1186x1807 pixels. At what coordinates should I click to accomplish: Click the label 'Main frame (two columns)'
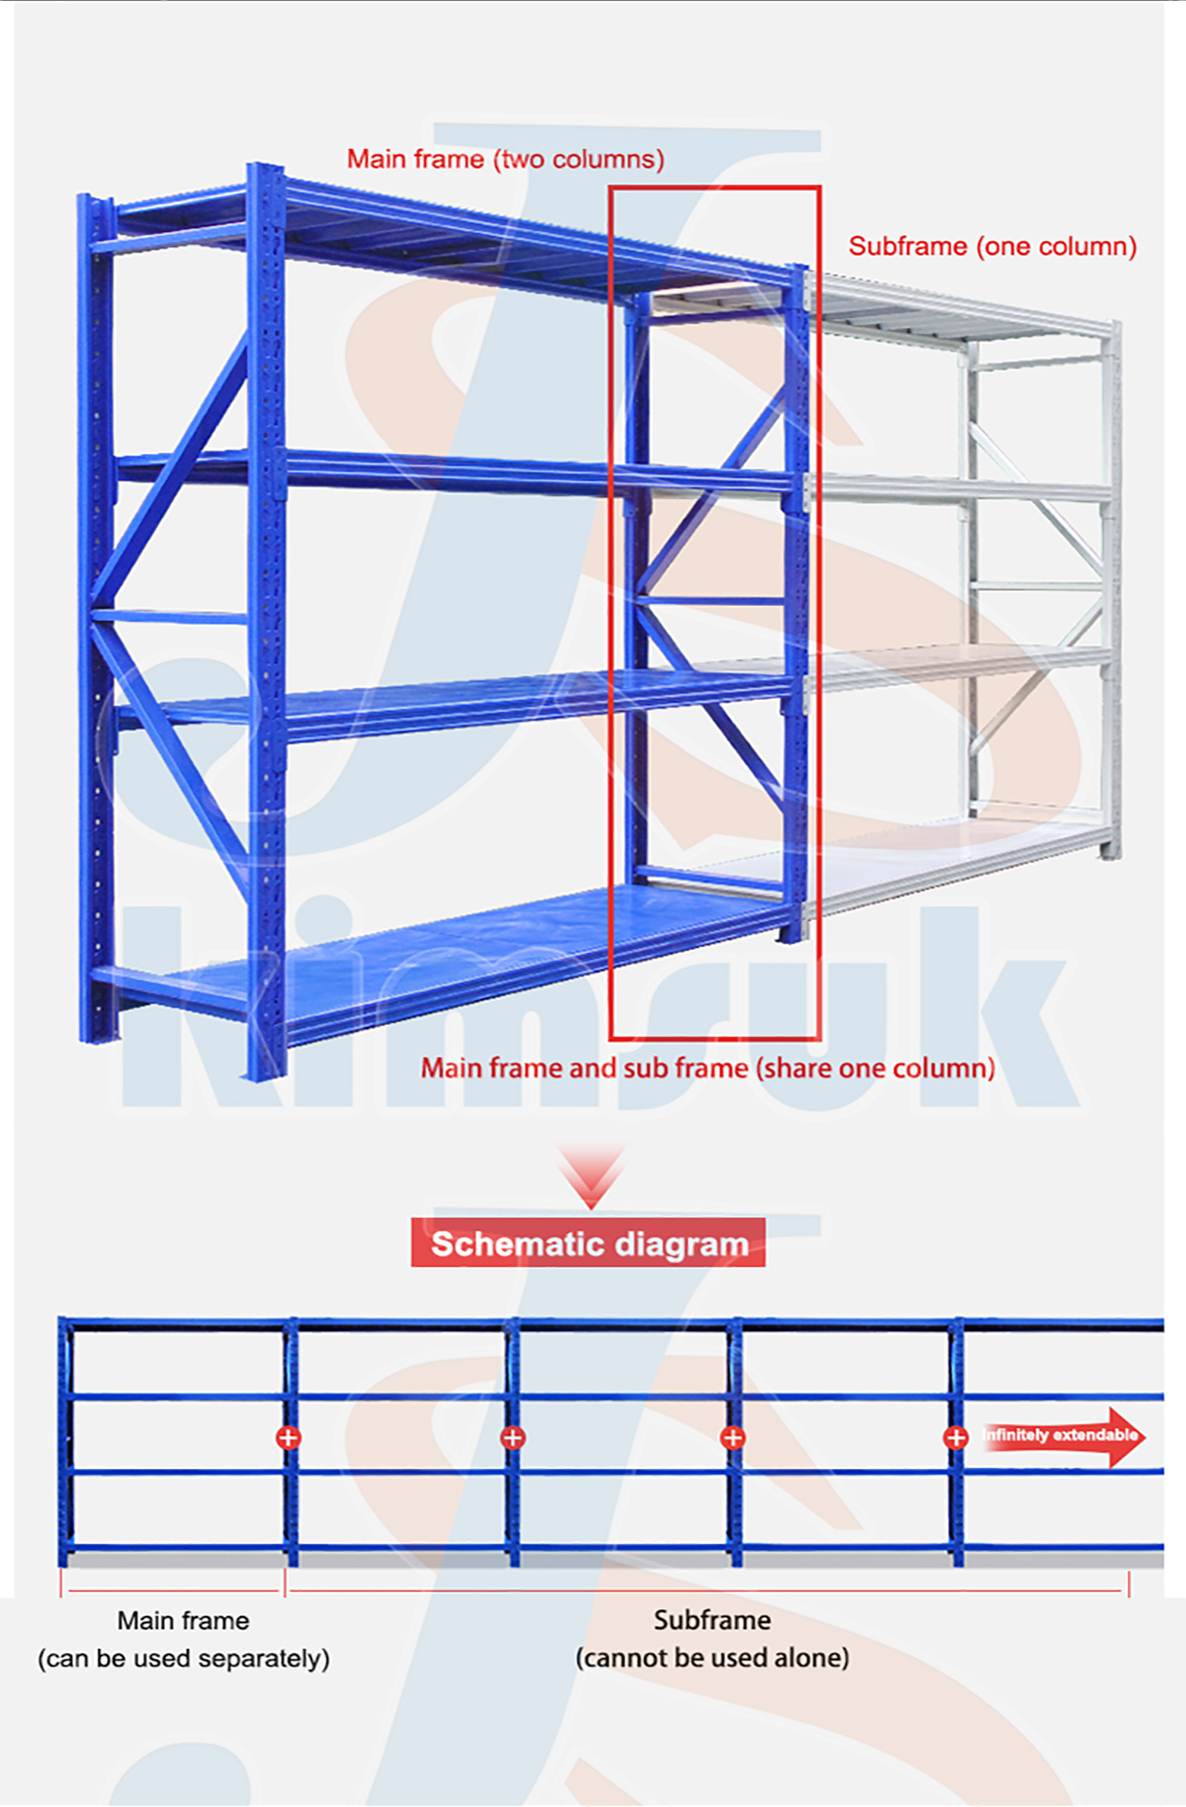[x=505, y=159]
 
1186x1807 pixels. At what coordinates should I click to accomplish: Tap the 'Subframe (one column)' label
[x=992, y=246]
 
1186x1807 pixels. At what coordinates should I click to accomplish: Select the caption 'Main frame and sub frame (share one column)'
[x=708, y=1068]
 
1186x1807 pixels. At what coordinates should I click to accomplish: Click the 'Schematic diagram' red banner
[x=588, y=1243]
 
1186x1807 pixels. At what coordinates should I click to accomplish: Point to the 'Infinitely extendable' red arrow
[x=1063, y=1435]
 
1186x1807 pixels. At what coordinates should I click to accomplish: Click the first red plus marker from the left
[x=289, y=1437]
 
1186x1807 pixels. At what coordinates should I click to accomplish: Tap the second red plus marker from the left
[x=513, y=1437]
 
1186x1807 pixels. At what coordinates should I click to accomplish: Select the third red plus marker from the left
[x=733, y=1437]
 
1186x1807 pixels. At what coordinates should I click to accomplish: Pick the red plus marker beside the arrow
[x=956, y=1437]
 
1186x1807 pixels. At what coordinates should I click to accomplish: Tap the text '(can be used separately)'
[x=184, y=1658]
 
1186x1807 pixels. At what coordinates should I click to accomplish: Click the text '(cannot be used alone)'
[x=713, y=1657]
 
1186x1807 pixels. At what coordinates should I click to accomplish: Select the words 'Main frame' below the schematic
[x=183, y=1620]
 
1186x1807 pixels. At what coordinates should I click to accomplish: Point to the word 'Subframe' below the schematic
[x=712, y=1619]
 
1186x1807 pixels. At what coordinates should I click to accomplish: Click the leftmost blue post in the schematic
[x=65, y=1440]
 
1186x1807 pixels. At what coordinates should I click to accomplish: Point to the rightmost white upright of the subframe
[x=1112, y=589]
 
